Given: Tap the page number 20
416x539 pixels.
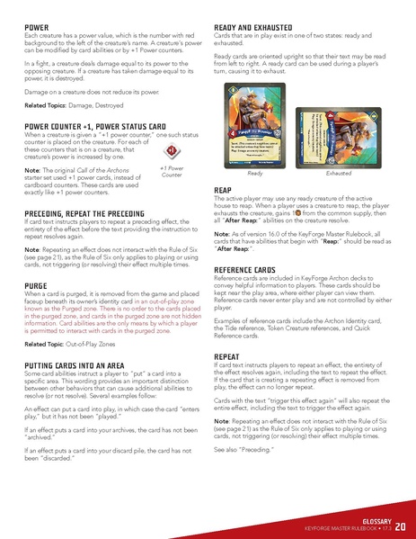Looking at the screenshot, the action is (x=400, y=522).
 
